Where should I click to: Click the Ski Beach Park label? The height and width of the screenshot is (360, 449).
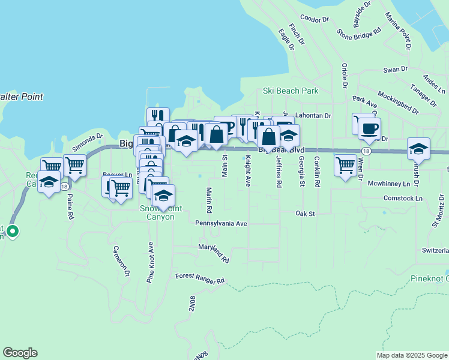[x=291, y=91]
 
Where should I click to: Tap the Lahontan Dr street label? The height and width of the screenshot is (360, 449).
[x=314, y=115]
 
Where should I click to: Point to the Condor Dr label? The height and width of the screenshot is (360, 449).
[x=315, y=19]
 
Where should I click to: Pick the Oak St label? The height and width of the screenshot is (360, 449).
[x=305, y=213]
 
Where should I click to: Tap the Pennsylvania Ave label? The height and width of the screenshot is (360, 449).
[x=221, y=223]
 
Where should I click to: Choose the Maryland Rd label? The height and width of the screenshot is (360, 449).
[x=214, y=253]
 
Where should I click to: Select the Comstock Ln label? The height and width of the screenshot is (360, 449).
[x=403, y=198]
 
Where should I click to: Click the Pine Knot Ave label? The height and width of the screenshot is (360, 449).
[x=150, y=262]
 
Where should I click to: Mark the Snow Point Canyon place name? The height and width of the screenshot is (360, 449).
[x=157, y=212]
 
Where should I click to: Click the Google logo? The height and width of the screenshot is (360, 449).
[x=20, y=353]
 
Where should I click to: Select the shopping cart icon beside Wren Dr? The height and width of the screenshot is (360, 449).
[x=345, y=164]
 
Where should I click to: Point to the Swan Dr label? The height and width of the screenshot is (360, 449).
[x=396, y=70]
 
